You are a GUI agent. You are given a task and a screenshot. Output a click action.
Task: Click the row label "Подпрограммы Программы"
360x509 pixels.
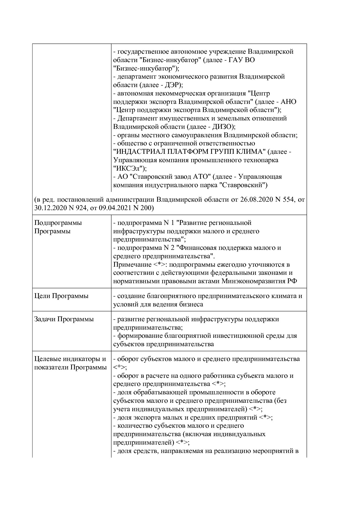point(58,227)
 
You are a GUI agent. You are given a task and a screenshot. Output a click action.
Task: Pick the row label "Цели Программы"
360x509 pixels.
point(61,296)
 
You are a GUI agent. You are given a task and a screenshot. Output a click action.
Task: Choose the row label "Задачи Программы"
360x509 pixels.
point(64,319)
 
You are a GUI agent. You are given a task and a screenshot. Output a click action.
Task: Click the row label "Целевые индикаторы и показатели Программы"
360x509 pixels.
point(70,363)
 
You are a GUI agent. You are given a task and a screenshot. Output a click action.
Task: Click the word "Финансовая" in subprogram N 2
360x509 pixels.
point(198,248)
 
